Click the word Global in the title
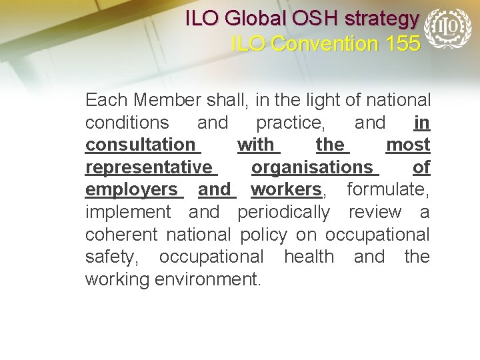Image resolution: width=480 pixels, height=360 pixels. (x=249, y=19)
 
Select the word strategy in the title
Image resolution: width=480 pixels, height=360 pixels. (x=383, y=19)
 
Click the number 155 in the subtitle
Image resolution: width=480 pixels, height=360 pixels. (x=403, y=44)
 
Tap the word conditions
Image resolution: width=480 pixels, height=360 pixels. (x=127, y=123)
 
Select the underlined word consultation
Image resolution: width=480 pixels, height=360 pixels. (x=140, y=145)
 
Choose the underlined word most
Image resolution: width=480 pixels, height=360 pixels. (x=408, y=145)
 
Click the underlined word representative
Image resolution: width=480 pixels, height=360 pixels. (x=149, y=167)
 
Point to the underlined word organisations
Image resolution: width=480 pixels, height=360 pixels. (x=312, y=167)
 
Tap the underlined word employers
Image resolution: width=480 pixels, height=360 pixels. (x=131, y=190)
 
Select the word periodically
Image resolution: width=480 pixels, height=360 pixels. (x=283, y=213)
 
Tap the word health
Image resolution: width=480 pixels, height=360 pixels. (x=309, y=257)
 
